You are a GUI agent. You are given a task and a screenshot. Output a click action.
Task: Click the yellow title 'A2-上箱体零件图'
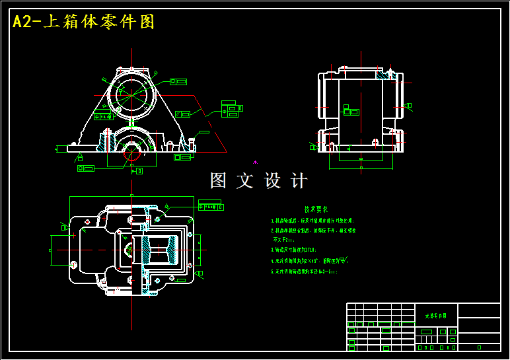(x=84, y=22)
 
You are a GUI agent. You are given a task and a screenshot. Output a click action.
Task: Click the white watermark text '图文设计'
(x=258, y=180)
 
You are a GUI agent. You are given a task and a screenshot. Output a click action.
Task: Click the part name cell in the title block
(x=435, y=316)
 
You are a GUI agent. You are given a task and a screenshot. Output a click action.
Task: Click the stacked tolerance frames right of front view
(x=231, y=109)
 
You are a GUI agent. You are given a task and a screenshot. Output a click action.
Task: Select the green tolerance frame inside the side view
(x=351, y=110)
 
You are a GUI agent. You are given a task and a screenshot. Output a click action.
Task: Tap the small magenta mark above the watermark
(x=255, y=161)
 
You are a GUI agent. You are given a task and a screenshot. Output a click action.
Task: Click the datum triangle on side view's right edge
(x=409, y=106)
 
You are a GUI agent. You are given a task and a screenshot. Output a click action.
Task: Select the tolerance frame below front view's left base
(x=86, y=168)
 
